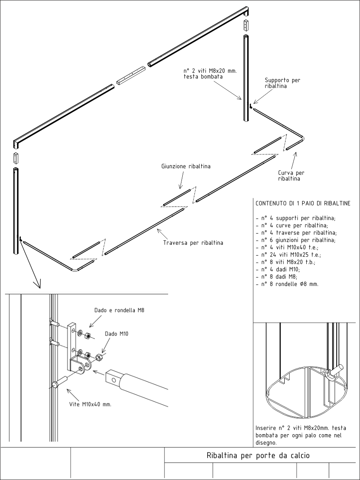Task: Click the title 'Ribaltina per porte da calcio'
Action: (x=258, y=455)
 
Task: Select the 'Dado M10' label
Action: (x=117, y=333)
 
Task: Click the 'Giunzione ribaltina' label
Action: (x=186, y=167)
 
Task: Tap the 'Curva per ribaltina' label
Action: (x=289, y=175)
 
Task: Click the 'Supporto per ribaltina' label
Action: (x=282, y=83)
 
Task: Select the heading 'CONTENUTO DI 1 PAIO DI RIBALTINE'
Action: (x=303, y=204)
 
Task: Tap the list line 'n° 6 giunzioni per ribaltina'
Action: (x=295, y=240)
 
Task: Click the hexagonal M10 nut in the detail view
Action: (x=99, y=357)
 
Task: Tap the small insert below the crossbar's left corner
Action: (x=16, y=158)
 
